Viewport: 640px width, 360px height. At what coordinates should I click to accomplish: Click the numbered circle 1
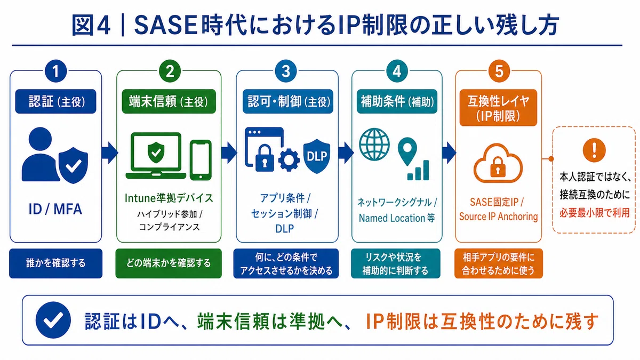tap(55, 71)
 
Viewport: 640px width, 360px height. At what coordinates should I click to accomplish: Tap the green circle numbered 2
tap(170, 71)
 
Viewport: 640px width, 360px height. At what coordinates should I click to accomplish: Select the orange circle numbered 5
tap(499, 71)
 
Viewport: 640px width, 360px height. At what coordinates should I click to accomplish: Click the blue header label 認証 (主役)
tap(55, 101)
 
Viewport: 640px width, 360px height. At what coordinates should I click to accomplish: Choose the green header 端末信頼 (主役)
tap(169, 101)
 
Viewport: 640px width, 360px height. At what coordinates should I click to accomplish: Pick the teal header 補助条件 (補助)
tap(397, 101)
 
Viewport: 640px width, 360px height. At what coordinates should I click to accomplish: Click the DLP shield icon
tap(317, 156)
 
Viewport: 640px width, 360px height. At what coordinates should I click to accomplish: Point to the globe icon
tap(374, 145)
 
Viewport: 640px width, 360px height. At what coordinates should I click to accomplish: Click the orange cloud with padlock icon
tap(498, 163)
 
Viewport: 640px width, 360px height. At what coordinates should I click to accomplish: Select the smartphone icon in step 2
tap(201, 160)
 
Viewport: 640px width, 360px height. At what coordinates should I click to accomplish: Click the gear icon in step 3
tap(289, 159)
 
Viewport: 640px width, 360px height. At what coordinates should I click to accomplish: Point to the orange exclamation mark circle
tap(594, 150)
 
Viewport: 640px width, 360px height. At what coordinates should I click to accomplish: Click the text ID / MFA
tap(55, 209)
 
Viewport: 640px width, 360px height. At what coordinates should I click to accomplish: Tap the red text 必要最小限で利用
tap(594, 213)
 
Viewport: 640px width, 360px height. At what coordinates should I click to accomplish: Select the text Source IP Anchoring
tap(498, 217)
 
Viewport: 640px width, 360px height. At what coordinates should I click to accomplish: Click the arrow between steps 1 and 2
tap(109, 153)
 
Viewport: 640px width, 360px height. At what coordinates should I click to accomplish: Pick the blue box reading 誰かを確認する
tap(55, 263)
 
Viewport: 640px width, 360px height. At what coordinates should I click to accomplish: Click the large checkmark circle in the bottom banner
tap(53, 320)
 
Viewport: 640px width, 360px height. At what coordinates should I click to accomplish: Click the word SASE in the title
tap(166, 26)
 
